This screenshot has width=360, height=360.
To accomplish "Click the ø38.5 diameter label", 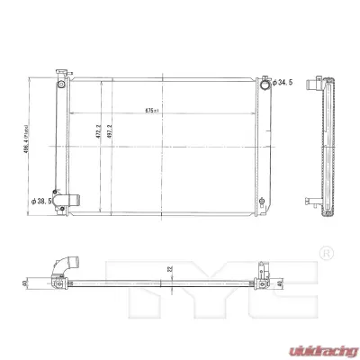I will click(x=42, y=200).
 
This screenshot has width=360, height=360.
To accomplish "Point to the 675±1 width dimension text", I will click(x=152, y=112).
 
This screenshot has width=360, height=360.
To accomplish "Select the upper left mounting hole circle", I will click(x=59, y=85).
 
